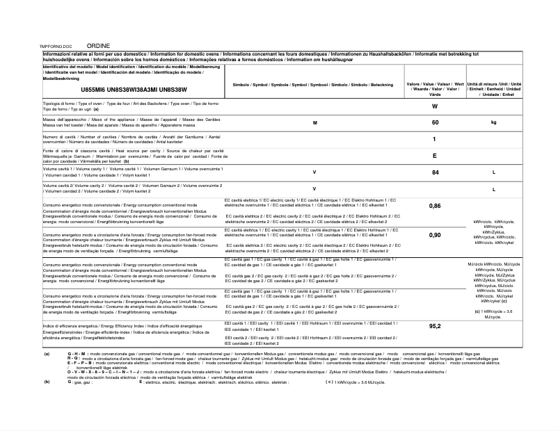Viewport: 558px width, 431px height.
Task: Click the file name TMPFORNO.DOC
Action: click(57, 44)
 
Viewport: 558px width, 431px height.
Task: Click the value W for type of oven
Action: click(435, 106)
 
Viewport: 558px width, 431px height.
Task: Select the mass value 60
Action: click(435, 122)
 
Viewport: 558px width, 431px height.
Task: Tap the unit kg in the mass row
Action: click(493, 122)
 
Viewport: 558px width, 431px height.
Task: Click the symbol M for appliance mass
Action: click(314, 122)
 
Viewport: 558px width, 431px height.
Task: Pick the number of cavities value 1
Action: click(435, 140)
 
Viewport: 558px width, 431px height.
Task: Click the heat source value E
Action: click(435, 156)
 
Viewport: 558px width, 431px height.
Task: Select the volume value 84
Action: click(435, 172)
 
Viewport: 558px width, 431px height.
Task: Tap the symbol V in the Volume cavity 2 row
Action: click(314, 188)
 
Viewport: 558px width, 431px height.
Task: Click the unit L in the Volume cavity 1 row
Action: click(493, 172)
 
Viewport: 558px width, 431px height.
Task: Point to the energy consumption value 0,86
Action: click(435, 206)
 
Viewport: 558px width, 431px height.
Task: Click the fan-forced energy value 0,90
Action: click(435, 235)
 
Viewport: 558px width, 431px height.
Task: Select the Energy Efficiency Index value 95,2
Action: click(435, 326)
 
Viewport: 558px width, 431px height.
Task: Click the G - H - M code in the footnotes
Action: click(78, 354)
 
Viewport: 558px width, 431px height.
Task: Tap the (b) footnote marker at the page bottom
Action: click(47, 382)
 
